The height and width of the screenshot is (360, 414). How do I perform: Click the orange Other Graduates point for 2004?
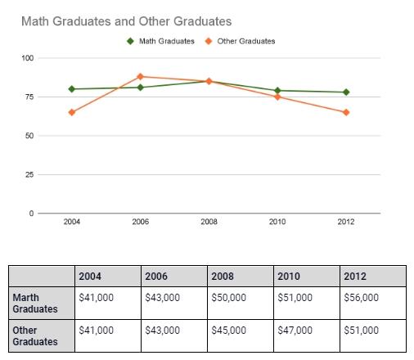point(72,112)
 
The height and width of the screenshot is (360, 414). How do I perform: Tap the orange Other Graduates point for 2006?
point(141,77)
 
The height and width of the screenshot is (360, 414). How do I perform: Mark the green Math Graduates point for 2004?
point(72,88)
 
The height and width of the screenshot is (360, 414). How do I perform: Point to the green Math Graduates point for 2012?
point(346,92)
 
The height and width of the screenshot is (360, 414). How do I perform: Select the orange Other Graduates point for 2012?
point(346,112)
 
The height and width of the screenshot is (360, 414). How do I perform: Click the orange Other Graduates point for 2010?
point(278,97)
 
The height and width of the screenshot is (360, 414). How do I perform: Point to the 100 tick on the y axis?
point(29,58)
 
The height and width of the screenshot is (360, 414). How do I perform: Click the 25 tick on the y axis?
point(30,174)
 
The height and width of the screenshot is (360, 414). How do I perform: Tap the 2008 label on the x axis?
point(209,223)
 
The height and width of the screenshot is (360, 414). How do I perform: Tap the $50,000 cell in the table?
point(228,298)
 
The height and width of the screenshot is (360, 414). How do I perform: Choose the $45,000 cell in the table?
point(228,331)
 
